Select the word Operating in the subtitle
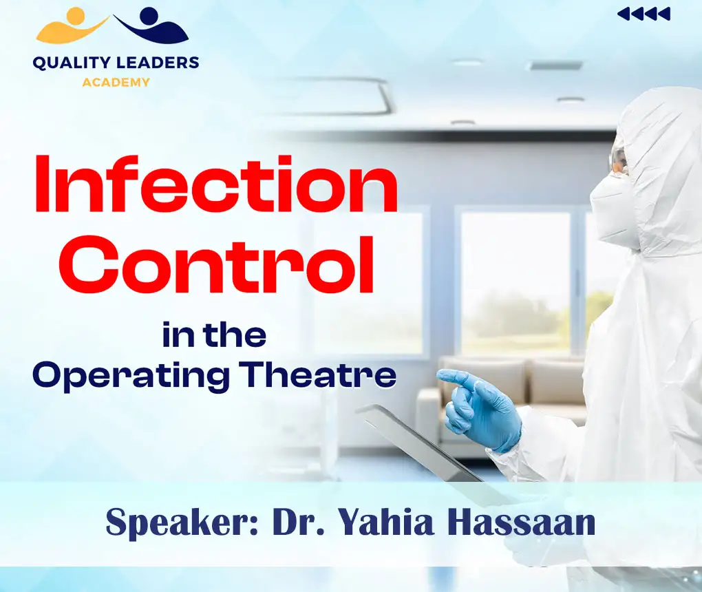(x=131, y=375)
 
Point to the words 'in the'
(x=214, y=335)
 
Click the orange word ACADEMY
(x=116, y=82)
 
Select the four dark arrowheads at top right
(x=643, y=14)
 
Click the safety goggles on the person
(x=619, y=160)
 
